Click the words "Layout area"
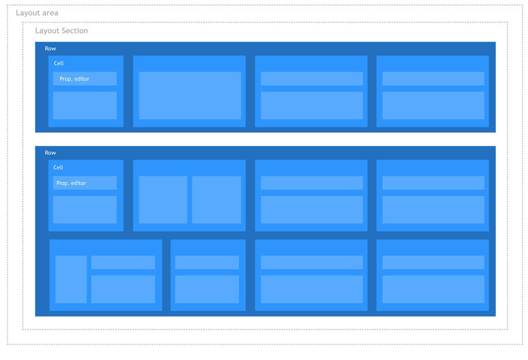tap(37, 13)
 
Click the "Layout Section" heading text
tap(61, 30)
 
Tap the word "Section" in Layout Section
tap(75, 30)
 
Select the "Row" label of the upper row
tap(50, 48)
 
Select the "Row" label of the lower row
tap(50, 153)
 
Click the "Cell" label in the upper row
tap(58, 63)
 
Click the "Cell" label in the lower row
tap(58, 167)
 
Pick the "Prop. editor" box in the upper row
tap(85, 78)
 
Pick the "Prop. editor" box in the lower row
tap(85, 183)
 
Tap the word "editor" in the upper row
tap(82, 79)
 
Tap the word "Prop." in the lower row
tap(62, 183)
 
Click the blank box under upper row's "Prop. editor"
tap(85, 106)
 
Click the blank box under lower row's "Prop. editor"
tap(85, 210)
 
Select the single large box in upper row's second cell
tap(190, 95)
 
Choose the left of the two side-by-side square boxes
tap(163, 200)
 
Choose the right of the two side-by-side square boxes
tap(217, 200)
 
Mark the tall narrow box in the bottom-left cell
tap(71, 279)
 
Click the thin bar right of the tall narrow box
tap(123, 262)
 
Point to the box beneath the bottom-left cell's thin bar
tap(123, 289)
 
